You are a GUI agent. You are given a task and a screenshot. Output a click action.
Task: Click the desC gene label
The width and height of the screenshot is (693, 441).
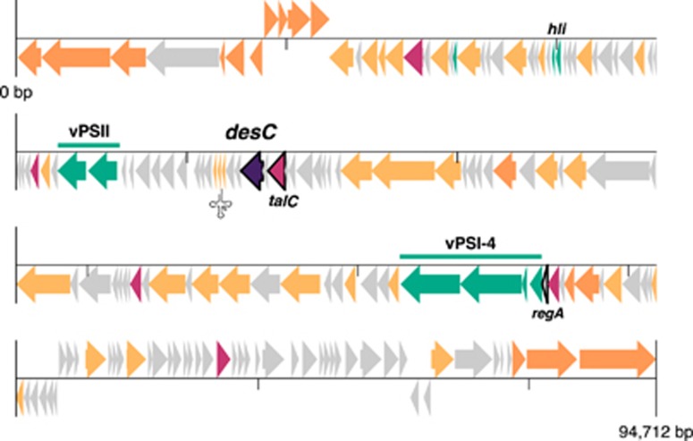pos(249,132)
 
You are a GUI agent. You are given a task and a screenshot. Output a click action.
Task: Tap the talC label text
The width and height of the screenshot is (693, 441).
pos(283,202)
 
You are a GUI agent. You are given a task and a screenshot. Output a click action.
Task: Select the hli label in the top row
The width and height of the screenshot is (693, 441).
pos(558,30)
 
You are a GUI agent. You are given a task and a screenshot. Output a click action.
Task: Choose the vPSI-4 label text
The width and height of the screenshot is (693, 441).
pos(470,242)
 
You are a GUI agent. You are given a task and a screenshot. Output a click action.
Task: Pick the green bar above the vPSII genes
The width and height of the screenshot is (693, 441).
pos(89,144)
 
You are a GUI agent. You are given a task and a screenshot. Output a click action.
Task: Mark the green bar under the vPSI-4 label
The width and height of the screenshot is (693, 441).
pos(470,257)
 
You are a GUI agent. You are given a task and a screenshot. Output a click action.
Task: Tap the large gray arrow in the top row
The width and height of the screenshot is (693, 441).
pos(183,58)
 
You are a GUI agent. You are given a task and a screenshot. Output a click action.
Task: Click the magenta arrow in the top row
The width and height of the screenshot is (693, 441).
pos(413,58)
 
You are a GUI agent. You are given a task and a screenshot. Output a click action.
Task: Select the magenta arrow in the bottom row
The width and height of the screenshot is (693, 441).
pos(223,358)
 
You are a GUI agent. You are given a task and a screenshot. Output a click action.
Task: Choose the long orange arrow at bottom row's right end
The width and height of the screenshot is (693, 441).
pos(616,358)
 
